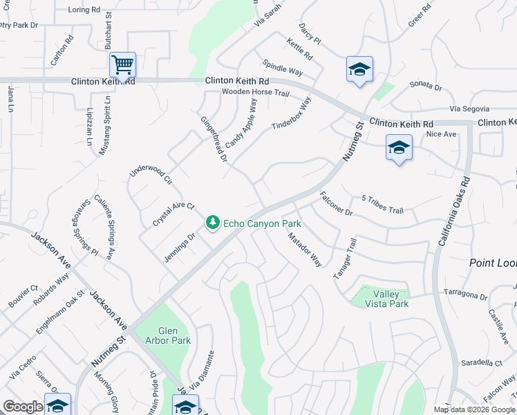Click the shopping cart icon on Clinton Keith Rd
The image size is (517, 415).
point(122,65)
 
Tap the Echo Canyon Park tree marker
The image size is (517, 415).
point(213,223)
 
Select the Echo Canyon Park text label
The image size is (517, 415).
point(261,224)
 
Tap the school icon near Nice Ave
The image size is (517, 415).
point(399,147)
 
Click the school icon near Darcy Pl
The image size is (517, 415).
point(359,69)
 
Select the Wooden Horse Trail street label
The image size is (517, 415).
point(255,92)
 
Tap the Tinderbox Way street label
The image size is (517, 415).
point(292,113)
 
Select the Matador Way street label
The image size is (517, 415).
point(305,249)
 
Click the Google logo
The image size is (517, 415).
point(23,407)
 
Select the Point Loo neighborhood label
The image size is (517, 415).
point(493,263)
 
